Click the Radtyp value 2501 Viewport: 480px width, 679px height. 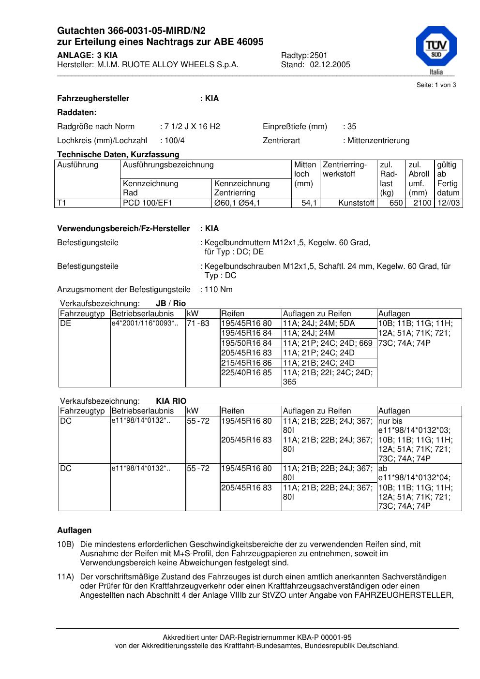[318, 56]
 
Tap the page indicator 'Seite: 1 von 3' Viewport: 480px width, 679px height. [436, 85]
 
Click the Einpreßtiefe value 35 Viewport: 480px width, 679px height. [352, 127]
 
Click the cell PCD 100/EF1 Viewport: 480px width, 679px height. [148, 203]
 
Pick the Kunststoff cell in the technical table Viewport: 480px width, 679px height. [357, 203]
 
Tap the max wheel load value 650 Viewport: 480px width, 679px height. [396, 203]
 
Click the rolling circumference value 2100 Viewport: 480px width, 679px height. [422, 203]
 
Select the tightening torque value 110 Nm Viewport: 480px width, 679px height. [219, 290]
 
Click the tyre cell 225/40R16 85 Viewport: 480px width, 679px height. [246, 373]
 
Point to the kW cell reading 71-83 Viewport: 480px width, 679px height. [198, 324]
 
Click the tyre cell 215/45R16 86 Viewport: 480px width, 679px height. [246, 363]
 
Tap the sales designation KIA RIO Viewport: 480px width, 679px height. [171, 401]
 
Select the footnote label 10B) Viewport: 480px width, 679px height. [65, 545]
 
